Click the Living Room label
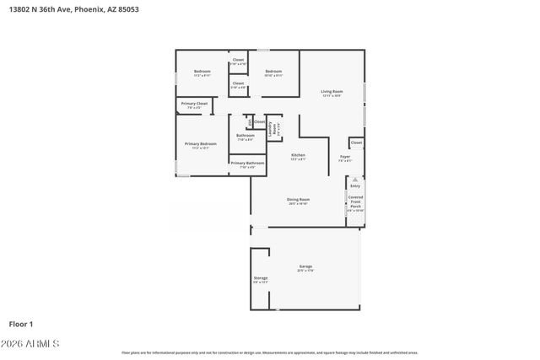[x=332, y=91]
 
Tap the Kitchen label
[x=298, y=155]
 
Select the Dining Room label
[x=298, y=200]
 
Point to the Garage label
[x=305, y=267]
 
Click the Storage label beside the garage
[x=261, y=277]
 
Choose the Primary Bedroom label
[x=201, y=144]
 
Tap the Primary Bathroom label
[x=247, y=163]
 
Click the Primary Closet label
[x=194, y=104]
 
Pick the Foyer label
[x=345, y=157]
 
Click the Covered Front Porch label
[x=355, y=201]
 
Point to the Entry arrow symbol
[x=355, y=180]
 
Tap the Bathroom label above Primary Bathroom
[x=246, y=136]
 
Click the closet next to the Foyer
[x=356, y=142]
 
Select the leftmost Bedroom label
[x=202, y=72]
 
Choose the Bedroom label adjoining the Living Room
[x=273, y=72]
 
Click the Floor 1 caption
[x=20, y=324]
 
